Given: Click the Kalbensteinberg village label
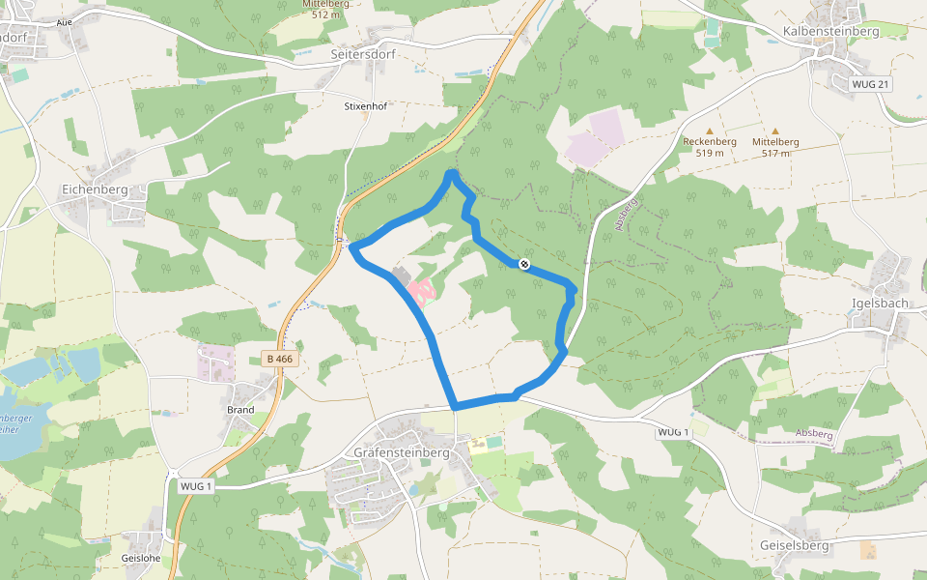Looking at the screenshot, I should (830, 31).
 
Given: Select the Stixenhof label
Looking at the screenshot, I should (365, 106).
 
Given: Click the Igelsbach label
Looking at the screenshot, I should (880, 303).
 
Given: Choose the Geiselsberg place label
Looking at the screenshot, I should (795, 545).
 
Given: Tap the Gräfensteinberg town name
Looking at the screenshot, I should (402, 452).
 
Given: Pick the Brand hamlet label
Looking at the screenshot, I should (240, 410).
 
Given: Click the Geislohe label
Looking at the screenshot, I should (141, 558).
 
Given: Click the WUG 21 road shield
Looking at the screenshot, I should (870, 85).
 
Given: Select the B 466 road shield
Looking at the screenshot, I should (279, 360).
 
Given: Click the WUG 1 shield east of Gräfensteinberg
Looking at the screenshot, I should (672, 431).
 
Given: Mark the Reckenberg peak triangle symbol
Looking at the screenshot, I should (710, 130).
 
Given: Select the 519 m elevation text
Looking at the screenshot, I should (710, 153).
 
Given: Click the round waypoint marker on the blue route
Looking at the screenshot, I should (524, 263).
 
